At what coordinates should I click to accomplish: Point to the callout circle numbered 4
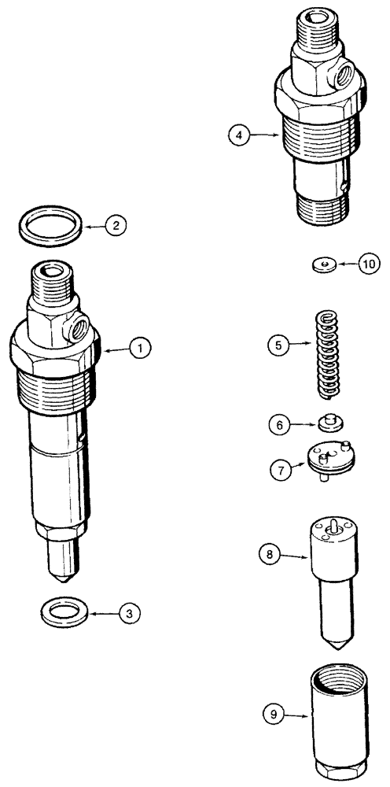tap(240, 135)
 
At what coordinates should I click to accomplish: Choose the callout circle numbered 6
tap(278, 424)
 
